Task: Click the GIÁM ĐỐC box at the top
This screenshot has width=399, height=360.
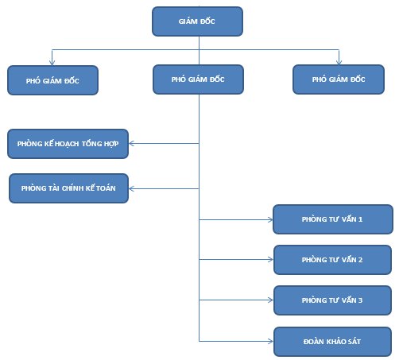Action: coord(197,21)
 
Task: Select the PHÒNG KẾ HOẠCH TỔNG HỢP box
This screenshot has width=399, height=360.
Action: coord(68,144)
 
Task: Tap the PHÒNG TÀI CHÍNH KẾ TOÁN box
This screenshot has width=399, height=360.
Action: coord(68,188)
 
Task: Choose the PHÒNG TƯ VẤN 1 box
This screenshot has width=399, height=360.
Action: coord(333,219)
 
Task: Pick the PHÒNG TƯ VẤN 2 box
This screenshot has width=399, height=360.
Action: coord(332,260)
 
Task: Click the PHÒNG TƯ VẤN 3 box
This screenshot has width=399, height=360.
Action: coord(332,300)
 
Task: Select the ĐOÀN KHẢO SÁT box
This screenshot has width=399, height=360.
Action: coord(332,342)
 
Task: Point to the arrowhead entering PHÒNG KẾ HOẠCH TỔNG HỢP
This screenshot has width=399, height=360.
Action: coord(131,144)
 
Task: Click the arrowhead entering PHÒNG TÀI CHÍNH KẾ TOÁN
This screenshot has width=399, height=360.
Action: coord(131,188)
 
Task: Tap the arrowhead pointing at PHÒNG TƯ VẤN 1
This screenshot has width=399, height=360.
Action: coord(270,219)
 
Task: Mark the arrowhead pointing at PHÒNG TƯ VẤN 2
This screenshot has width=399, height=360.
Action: coord(271,259)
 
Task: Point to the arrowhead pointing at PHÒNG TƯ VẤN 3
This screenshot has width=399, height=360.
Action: coord(271,300)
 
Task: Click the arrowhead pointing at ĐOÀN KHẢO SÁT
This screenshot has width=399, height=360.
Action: coord(271,341)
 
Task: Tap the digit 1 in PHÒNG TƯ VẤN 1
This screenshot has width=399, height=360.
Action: coord(361,219)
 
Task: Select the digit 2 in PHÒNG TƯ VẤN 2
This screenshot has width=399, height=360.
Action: coord(361,260)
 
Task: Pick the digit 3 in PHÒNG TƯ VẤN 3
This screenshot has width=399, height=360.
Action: coord(361,300)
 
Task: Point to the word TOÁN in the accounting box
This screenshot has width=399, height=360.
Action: coord(106,188)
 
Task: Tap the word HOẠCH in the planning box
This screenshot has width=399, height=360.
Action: coord(67,144)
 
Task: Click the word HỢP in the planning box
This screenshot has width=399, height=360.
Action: coord(111,144)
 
